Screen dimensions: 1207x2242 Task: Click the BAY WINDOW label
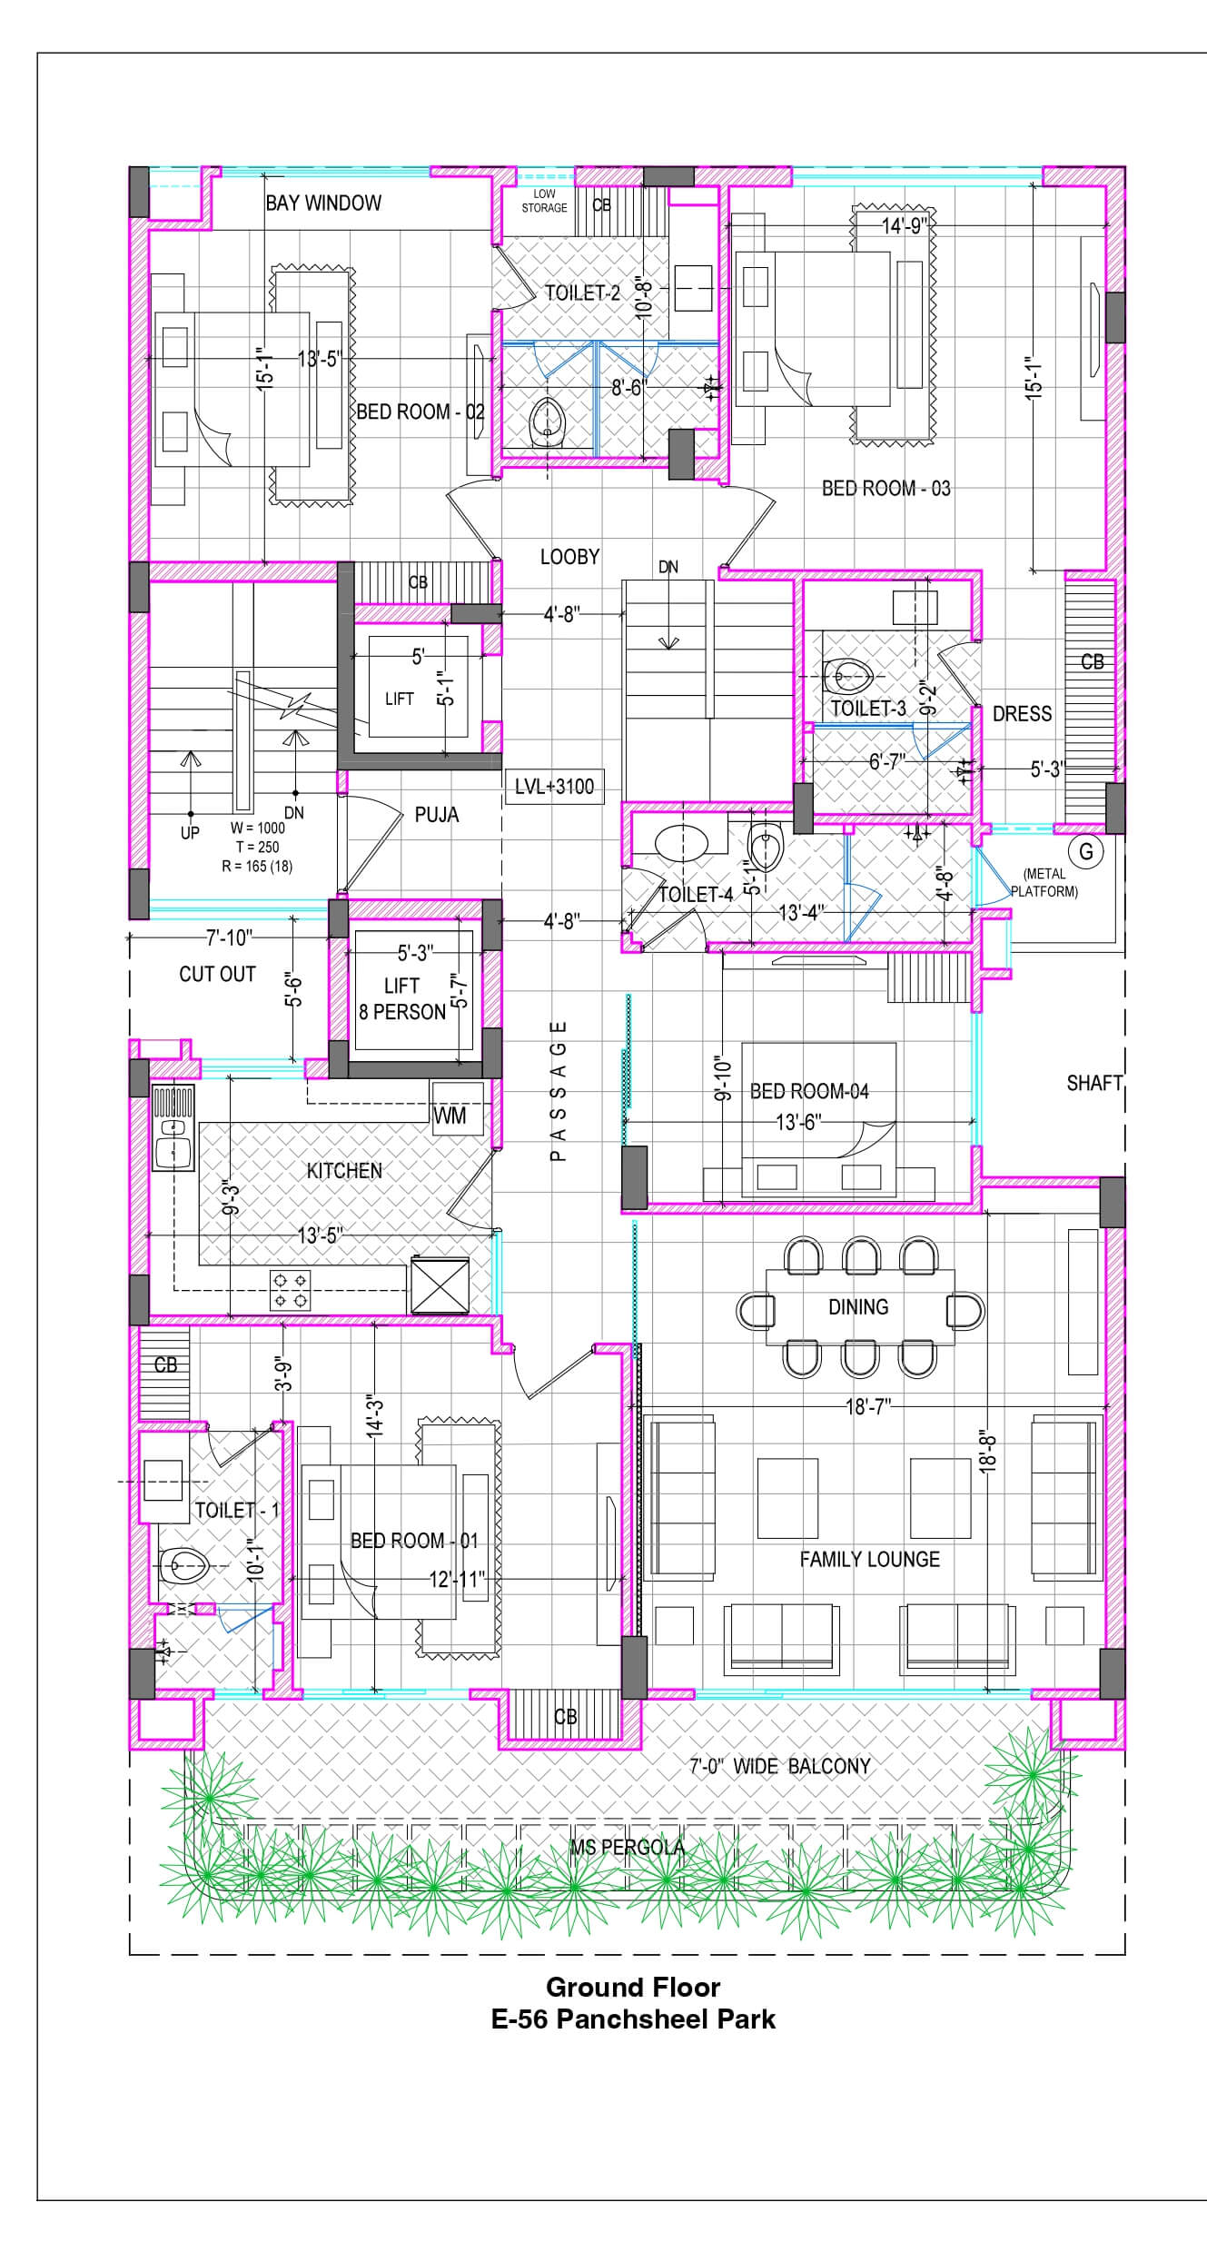coord(323,203)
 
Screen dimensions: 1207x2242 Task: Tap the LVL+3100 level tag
coord(554,787)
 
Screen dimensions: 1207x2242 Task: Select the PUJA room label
coord(437,815)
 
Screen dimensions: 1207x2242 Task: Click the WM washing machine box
coord(450,1116)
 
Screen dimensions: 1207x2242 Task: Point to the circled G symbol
coord(1085,852)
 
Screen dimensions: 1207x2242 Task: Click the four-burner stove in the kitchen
coord(290,1290)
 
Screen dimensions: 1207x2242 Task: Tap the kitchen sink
coord(173,1126)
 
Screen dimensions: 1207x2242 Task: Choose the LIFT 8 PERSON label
coord(402,998)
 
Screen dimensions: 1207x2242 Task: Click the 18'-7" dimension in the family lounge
coord(868,1406)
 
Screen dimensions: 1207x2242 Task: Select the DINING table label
coord(858,1306)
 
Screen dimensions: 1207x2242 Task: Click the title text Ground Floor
coord(633,1987)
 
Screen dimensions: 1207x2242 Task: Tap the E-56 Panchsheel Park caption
coord(633,2019)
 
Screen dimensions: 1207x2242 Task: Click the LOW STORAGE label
coord(544,201)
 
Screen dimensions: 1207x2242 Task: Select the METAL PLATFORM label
coord(1044,882)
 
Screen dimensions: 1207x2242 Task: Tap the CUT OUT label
coord(217,974)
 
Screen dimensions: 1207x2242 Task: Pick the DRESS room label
coord(1022,714)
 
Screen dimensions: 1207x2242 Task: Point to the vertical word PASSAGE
coord(559,1090)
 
